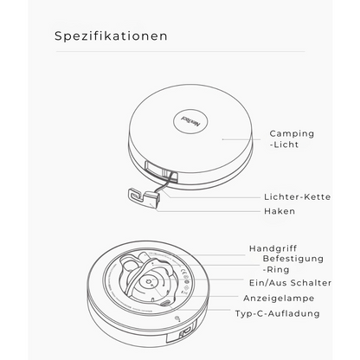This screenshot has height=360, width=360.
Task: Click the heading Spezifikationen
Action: [110, 37]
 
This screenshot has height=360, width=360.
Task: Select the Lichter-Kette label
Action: [296, 196]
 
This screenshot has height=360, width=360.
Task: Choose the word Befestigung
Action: [292, 258]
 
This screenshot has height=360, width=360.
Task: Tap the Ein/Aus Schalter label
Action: [290, 283]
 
